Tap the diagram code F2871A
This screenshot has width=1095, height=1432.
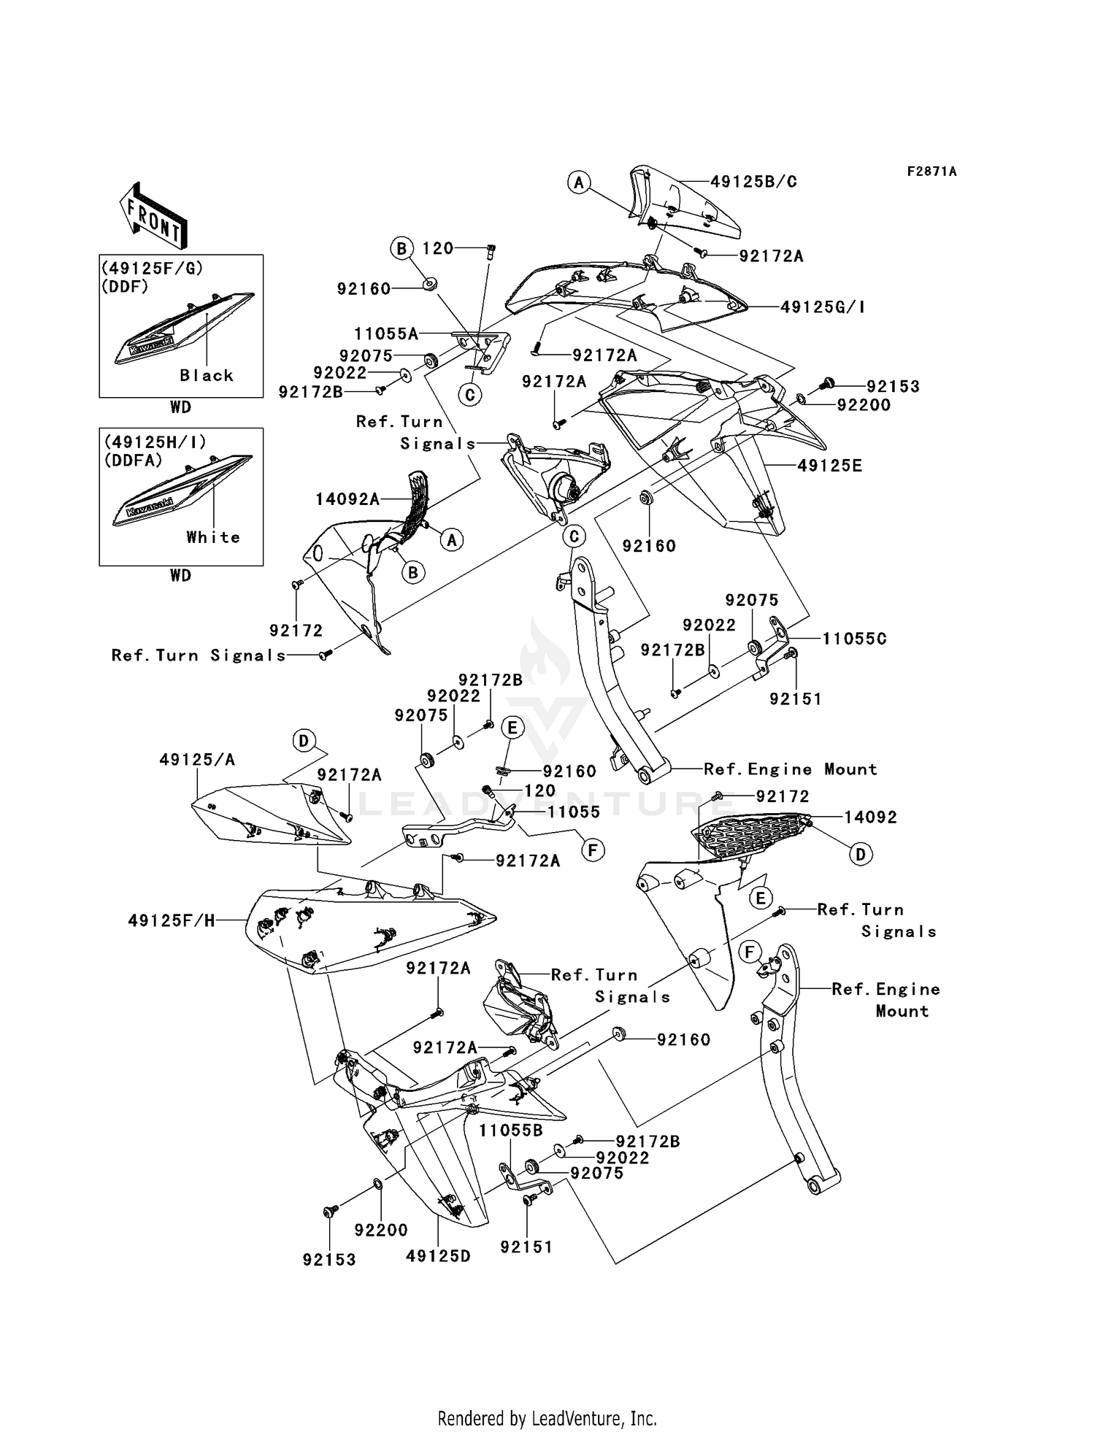(931, 172)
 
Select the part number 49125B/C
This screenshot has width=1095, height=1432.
(753, 182)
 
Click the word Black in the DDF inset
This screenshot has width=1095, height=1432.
(207, 375)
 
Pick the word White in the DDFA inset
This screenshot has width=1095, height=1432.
(213, 537)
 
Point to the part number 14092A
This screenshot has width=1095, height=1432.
(347, 499)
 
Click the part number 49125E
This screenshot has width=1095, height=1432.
(829, 466)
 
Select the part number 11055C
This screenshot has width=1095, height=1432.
(854, 639)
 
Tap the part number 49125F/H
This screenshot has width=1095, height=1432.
(172, 921)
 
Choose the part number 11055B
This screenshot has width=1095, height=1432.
(511, 1131)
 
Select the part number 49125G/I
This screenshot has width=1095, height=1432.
(823, 307)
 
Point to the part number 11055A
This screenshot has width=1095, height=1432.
(386, 334)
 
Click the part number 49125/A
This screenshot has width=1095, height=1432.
(197, 760)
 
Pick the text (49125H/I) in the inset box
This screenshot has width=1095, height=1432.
(155, 442)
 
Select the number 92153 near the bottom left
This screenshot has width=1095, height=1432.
(329, 1259)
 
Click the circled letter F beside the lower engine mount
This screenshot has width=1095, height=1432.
(748, 952)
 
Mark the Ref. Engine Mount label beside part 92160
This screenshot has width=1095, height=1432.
(790, 769)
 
